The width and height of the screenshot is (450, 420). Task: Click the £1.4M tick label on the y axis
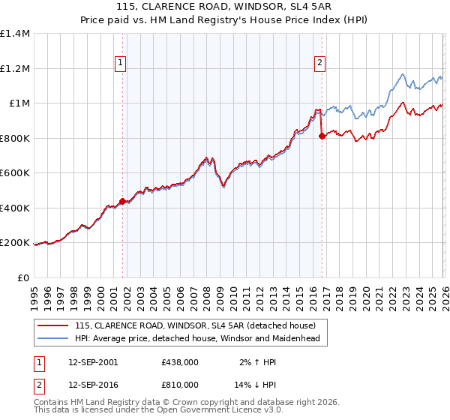point(15,34)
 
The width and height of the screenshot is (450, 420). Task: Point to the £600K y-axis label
point(15,173)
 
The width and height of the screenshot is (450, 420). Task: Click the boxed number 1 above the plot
point(121,64)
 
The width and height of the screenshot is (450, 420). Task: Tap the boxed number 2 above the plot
point(320,64)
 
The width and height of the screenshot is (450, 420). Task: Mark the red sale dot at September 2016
point(322,136)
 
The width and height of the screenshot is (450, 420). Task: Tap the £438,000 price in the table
point(180,362)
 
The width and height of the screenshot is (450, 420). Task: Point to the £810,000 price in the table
point(180,384)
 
